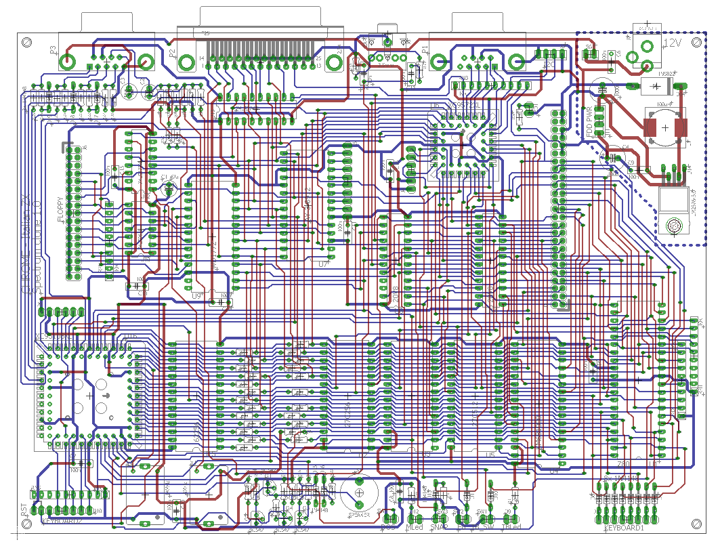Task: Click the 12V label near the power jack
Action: (673, 43)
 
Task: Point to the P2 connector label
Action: (173, 51)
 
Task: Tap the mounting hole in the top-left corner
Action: (26, 42)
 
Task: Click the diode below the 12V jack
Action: (656, 85)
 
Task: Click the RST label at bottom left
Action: (25, 510)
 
